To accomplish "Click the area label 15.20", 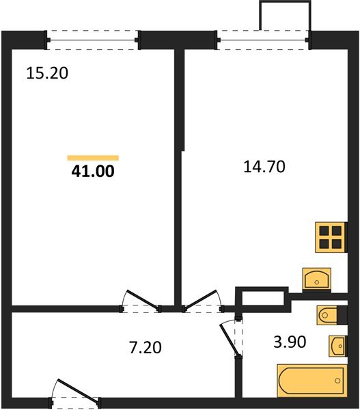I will (47, 73).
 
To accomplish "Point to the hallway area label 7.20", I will (145, 348).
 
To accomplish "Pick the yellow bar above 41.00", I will (93, 158).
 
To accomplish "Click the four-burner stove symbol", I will (331, 237).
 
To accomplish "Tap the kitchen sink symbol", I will (316, 279).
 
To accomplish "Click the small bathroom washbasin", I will (337, 346).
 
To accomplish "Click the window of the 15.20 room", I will (94, 39).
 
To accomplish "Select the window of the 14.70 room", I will (264, 39).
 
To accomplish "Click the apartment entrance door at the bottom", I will (75, 393).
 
